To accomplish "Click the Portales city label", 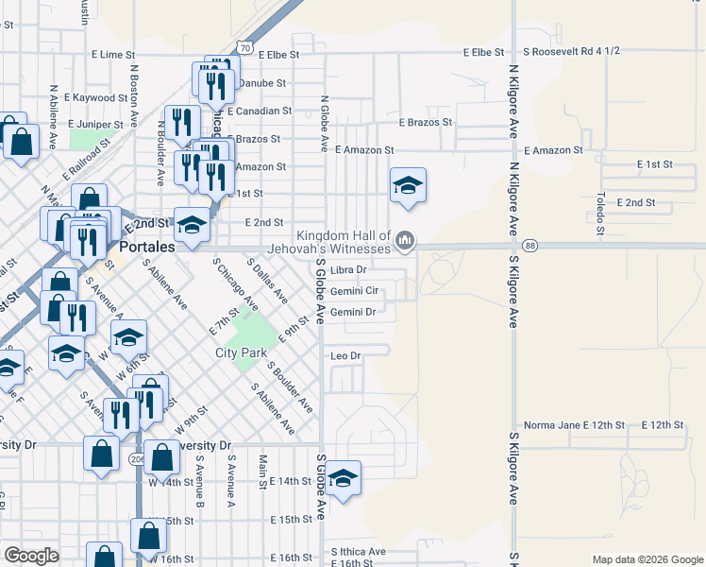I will click(148, 247).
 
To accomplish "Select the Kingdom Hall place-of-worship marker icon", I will click(406, 242).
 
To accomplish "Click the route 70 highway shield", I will click(244, 47).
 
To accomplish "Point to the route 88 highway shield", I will click(531, 246).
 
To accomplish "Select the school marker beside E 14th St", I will click(344, 478).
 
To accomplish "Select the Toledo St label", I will click(599, 213).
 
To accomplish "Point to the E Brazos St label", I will click(426, 123).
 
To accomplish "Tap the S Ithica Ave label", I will click(358, 552).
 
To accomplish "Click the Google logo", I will click(31, 556).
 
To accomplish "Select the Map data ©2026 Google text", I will click(647, 559).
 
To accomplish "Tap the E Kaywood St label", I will click(96, 97).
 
